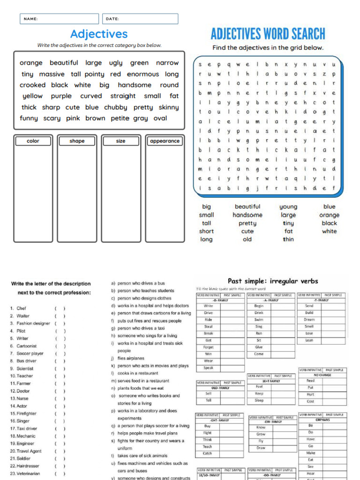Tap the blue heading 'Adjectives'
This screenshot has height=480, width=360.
click(99, 34)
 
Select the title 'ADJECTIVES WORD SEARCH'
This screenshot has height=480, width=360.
click(268, 34)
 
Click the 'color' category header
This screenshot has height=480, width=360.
click(33, 141)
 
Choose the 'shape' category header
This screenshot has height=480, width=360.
click(77, 141)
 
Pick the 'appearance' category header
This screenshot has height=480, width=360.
click(165, 141)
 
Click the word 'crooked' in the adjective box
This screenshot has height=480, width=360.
click(32, 85)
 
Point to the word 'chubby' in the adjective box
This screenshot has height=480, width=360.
click(115, 107)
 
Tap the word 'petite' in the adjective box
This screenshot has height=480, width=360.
click(120, 118)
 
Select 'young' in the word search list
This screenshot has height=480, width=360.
click(288, 207)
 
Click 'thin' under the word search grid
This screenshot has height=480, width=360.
click(288, 239)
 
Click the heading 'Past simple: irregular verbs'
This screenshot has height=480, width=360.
click(273, 281)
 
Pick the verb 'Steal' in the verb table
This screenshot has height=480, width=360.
click(209, 326)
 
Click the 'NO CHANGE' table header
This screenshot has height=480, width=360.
click(322, 375)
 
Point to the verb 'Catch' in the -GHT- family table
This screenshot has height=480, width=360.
click(207, 453)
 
